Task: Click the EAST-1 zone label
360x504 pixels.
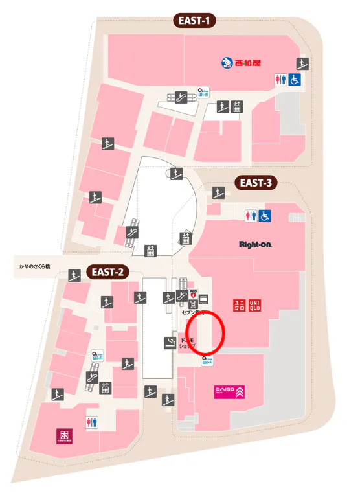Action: pyautogui.click(x=194, y=21)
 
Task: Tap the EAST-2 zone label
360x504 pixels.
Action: pyautogui.click(x=107, y=271)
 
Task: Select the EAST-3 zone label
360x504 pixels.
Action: pyautogui.click(x=255, y=182)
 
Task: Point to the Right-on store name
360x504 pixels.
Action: pyautogui.click(x=254, y=244)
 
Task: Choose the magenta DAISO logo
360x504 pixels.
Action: pyautogui.click(x=229, y=391)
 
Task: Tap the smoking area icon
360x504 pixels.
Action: pyautogui.click(x=170, y=342)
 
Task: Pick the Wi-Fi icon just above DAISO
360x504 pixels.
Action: pyautogui.click(x=207, y=360)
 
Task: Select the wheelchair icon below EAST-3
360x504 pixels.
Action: pyautogui.click(x=264, y=216)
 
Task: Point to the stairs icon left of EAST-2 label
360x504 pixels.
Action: pyautogui.click(x=74, y=275)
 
